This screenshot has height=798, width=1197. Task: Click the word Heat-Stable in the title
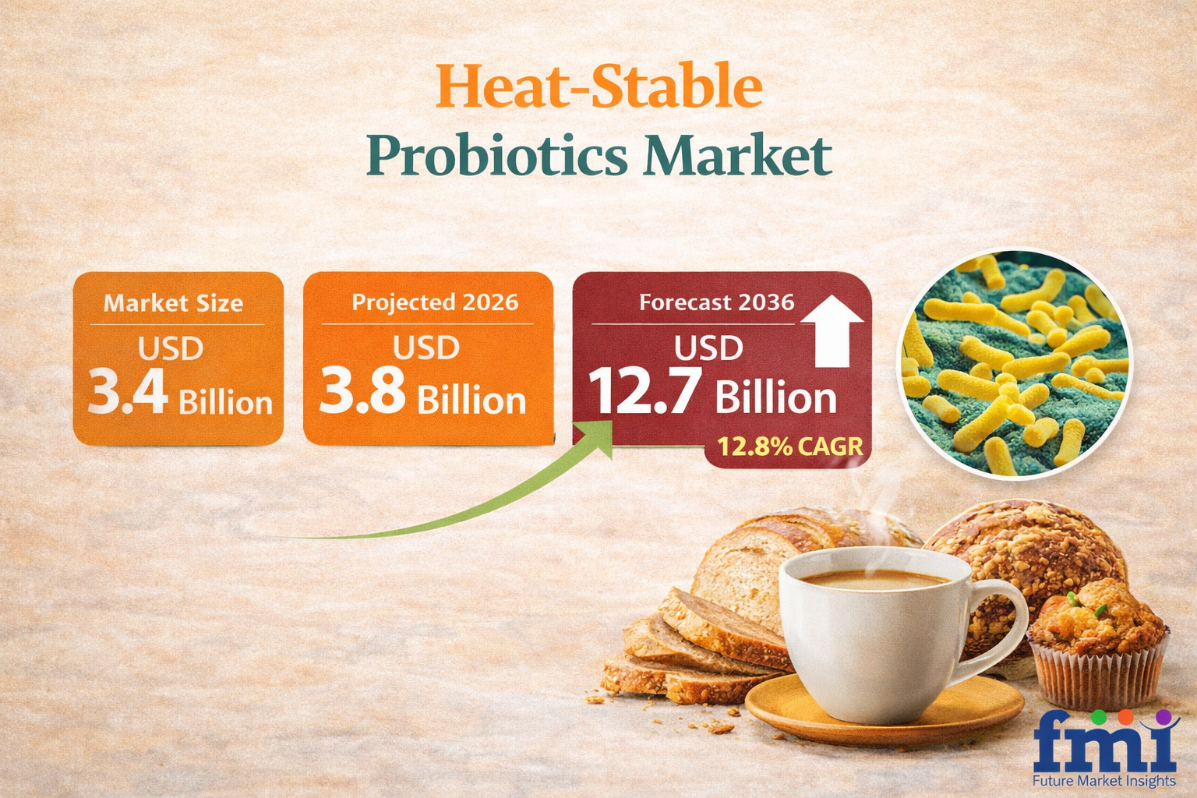(x=599, y=86)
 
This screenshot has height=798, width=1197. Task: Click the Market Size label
(x=173, y=303)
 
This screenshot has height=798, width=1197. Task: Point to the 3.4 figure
(x=128, y=392)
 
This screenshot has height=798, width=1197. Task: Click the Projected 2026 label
(x=435, y=302)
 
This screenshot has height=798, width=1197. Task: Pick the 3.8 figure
(x=362, y=390)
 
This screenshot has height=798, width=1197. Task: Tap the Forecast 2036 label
(x=717, y=302)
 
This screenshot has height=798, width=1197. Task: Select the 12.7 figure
(x=645, y=390)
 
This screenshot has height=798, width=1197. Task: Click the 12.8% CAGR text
(x=789, y=447)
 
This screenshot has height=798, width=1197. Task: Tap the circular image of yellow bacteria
(x=1014, y=363)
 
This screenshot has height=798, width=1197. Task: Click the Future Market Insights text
(x=1104, y=780)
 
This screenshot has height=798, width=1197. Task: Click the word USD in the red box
(x=708, y=348)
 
